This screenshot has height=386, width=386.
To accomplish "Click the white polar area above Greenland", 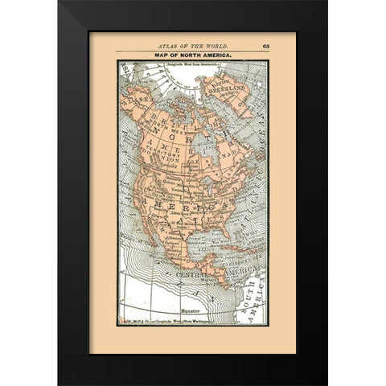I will (x=181, y=77).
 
